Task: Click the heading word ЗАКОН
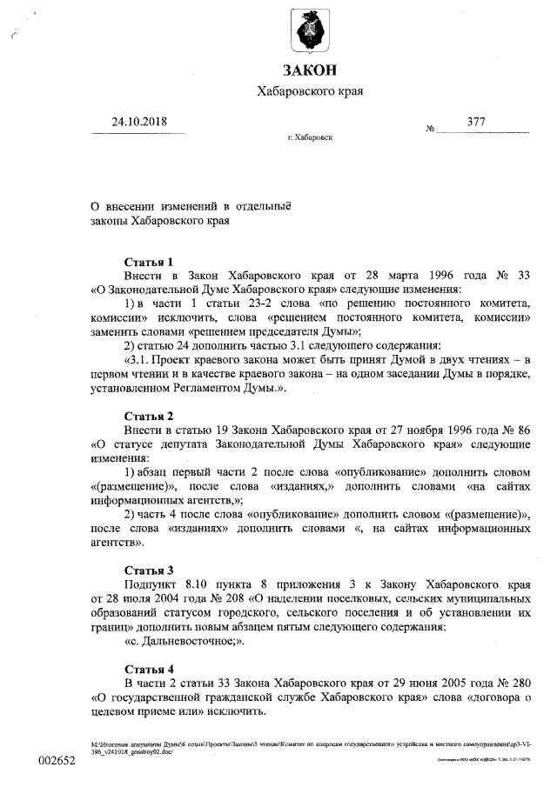pyautogui.click(x=310, y=70)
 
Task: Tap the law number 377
pyautogui.click(x=475, y=122)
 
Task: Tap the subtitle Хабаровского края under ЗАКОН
pyautogui.click(x=310, y=91)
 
